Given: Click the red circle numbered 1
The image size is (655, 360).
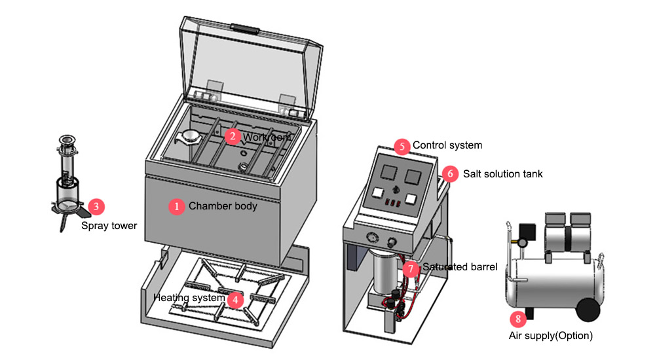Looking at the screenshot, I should [176, 206].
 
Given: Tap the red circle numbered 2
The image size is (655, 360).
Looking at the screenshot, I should [233, 136].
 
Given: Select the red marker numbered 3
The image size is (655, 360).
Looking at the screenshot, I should [96, 207].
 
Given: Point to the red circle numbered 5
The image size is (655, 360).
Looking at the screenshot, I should [402, 145].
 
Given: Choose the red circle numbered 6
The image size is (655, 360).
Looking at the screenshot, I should [450, 174].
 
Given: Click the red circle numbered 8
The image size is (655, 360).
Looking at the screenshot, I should [519, 319].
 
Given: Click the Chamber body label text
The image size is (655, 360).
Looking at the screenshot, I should [223, 206].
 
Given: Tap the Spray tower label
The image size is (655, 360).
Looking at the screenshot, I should [109, 226].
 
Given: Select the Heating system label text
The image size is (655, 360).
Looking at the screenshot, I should [189, 298].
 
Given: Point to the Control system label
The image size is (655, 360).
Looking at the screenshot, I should [447, 145].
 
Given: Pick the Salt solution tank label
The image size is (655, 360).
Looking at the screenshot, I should [502, 174].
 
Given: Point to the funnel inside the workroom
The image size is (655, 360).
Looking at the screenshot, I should [189, 137].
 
